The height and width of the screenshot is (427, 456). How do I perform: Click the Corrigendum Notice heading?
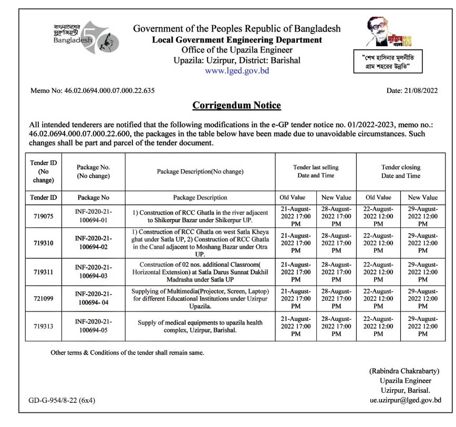[x=236, y=105]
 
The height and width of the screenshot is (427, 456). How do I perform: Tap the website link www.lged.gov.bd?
[x=237, y=70]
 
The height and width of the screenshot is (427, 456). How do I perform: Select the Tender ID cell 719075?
[x=44, y=216]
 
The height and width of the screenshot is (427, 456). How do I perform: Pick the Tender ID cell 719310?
[x=44, y=242]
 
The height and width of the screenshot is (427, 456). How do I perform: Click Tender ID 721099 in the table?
[x=44, y=298]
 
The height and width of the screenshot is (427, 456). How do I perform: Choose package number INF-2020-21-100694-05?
[x=94, y=326]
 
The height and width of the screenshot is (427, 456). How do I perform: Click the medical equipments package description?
[x=200, y=326]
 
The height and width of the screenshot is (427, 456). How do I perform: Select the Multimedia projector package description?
[x=200, y=298]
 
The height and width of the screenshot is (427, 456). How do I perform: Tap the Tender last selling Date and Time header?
[x=316, y=171]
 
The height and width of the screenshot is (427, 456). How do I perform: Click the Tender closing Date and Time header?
[x=401, y=171]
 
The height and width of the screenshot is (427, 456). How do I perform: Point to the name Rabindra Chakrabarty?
[x=405, y=371]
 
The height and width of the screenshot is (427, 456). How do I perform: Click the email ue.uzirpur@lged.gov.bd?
[x=405, y=400]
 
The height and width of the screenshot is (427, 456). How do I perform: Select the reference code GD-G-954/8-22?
[x=62, y=400]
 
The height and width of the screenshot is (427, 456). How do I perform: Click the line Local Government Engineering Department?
[x=237, y=40]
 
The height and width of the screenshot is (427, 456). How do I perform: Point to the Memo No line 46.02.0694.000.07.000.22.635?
[x=92, y=90]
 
